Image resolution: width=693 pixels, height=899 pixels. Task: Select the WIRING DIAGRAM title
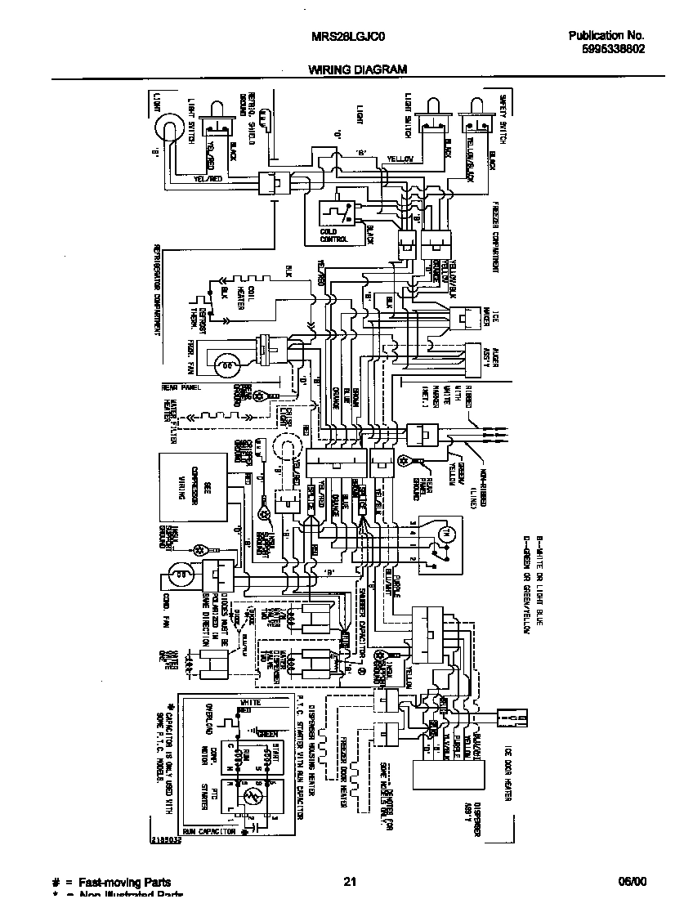click(357, 70)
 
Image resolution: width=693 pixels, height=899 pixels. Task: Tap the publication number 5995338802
click(607, 49)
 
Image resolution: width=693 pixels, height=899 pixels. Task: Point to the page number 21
click(350, 882)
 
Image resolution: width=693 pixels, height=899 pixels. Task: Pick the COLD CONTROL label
click(334, 235)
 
